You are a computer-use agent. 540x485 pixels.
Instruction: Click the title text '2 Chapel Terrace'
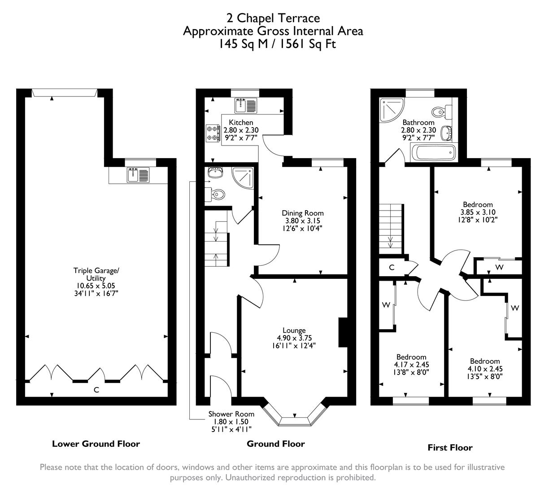(273, 18)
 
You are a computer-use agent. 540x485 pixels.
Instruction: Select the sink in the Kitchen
(245, 106)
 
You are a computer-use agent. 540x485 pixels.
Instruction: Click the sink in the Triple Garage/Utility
(138, 175)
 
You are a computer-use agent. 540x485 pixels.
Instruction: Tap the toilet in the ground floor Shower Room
(217, 194)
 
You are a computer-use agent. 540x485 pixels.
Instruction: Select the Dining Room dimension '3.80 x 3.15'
(302, 220)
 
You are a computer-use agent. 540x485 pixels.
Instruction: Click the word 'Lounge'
(294, 331)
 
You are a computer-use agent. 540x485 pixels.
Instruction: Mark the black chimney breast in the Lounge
(343, 333)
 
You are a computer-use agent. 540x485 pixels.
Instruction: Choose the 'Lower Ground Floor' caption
(96, 444)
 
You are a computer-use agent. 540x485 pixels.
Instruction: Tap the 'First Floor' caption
(450, 447)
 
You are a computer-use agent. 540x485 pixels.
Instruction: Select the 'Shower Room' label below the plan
(231, 414)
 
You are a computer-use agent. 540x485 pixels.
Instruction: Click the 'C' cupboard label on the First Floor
(392, 268)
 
